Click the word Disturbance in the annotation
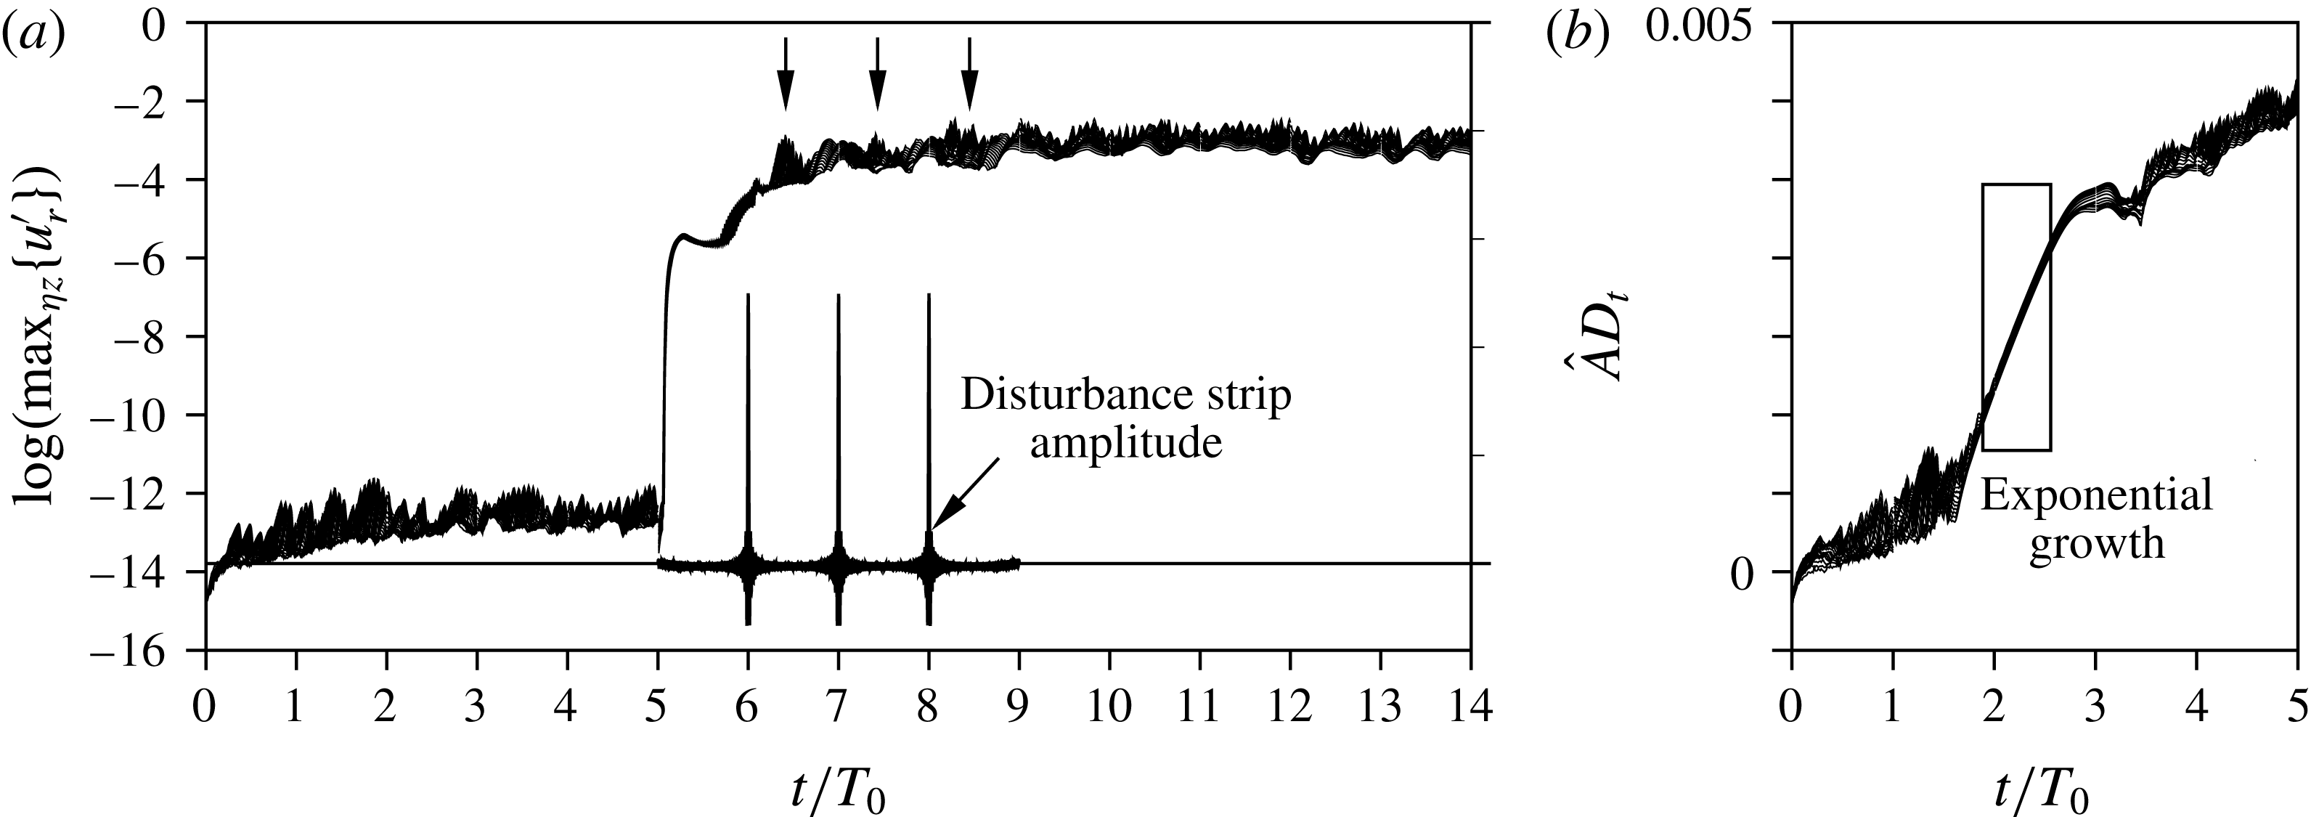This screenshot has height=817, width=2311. point(1043,396)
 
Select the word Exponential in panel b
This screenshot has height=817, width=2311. point(2095,497)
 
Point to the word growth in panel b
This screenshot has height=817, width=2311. point(2095,544)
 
